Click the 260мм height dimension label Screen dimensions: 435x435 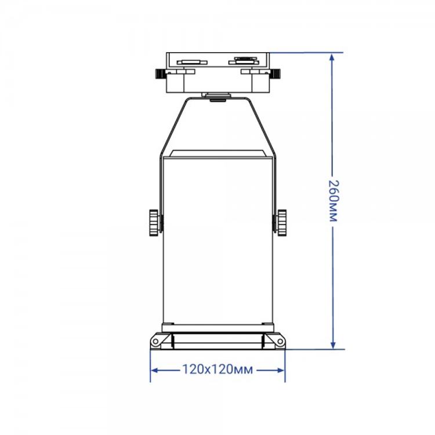[x=333, y=201]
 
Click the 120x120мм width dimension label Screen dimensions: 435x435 [x=217, y=369]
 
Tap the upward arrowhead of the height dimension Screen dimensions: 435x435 [x=332, y=57]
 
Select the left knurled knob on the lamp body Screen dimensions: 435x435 [x=154, y=223]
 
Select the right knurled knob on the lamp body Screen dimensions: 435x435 [x=281, y=223]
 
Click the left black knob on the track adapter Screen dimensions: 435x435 [x=160, y=73]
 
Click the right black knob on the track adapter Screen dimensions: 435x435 [x=275, y=73]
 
